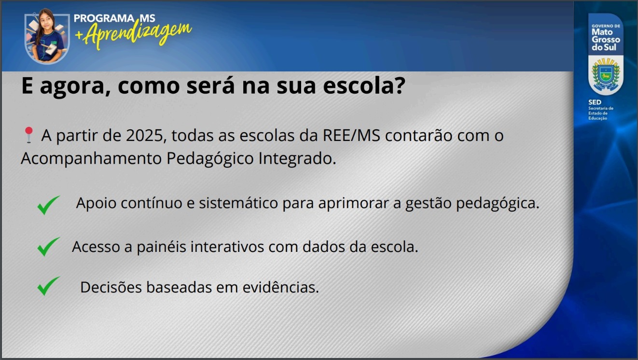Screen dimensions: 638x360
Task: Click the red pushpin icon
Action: click(29, 135)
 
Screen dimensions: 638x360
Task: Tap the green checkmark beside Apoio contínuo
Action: click(48, 205)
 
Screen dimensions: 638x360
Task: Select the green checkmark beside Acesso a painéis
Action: click(48, 247)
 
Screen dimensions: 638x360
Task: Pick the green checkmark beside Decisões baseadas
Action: click(48, 286)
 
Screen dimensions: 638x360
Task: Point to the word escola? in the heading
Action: click(364, 85)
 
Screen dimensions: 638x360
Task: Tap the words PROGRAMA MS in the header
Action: click(114, 18)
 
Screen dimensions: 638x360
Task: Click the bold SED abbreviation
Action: click(595, 102)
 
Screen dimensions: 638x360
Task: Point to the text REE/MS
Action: click(351, 136)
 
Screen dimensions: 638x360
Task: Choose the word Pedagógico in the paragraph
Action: click(210, 159)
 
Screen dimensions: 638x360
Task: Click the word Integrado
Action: click(297, 159)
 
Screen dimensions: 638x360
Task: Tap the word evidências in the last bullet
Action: click(280, 287)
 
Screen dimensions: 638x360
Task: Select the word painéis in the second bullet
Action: click(161, 247)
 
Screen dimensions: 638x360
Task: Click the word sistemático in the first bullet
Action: click(238, 203)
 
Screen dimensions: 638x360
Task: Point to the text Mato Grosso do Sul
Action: click(606, 40)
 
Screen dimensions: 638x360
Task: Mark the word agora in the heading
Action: click(72, 86)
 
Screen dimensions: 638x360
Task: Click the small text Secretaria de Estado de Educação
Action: click(601, 113)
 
